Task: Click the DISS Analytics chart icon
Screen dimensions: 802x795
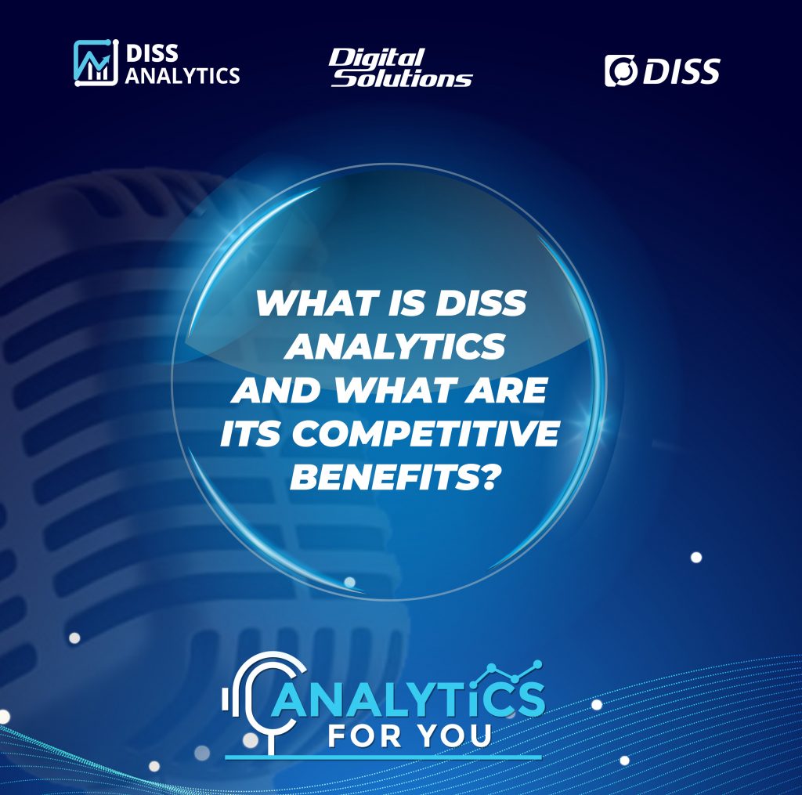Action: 96,63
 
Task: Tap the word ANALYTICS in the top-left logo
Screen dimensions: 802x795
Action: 182,76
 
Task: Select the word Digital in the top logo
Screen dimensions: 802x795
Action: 377,59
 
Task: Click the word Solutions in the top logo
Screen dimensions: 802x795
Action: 402,78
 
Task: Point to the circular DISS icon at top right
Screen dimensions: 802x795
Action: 621,70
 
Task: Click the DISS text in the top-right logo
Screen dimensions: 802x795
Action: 681,71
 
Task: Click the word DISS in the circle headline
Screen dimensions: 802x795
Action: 480,303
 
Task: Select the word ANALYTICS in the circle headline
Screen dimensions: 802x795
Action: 396,346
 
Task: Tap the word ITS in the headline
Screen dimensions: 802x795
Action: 251,434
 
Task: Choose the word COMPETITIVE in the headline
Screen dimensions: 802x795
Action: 425,434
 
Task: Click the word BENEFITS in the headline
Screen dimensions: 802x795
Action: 385,477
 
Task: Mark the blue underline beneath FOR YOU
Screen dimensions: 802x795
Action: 383,757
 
